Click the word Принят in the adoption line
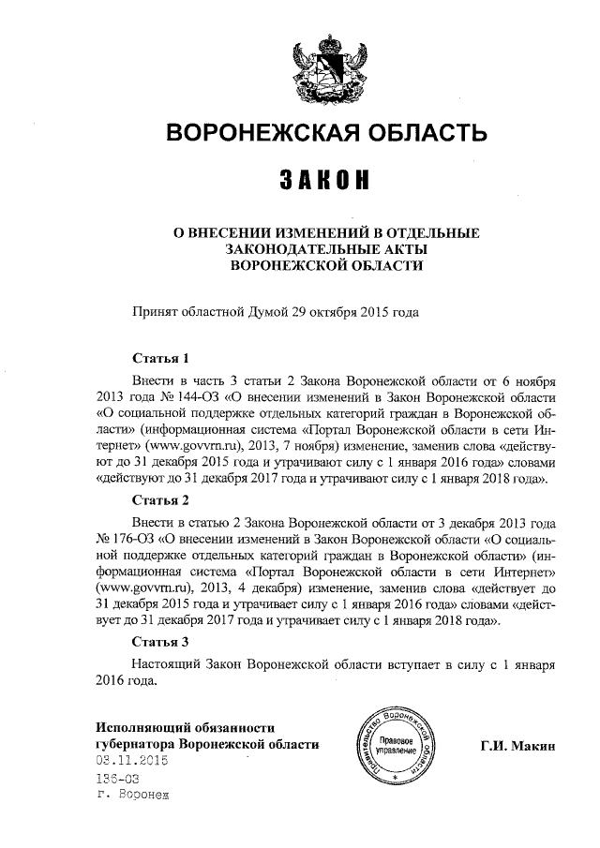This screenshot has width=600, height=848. pos(155,310)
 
